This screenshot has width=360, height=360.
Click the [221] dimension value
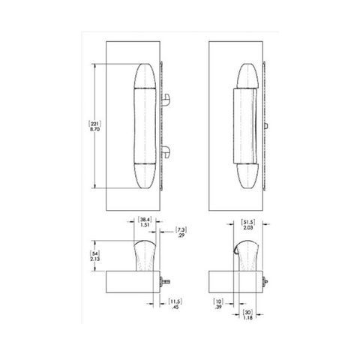94,124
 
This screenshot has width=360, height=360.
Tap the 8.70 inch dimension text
94,130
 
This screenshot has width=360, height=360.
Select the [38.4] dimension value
145,220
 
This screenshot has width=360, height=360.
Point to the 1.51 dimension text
145,225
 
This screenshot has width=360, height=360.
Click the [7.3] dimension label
181,229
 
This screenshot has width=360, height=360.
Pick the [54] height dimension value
95,253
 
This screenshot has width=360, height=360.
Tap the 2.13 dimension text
95,259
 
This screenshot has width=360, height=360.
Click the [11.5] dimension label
175,301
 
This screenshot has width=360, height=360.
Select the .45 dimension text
175,307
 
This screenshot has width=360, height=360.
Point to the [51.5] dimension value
247,222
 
